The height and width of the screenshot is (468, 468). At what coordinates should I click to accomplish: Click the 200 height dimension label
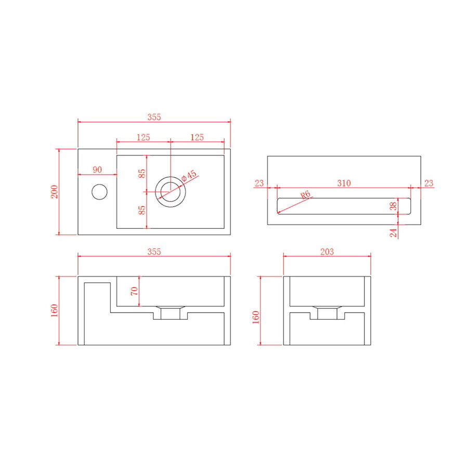pyautogui.click(x=55, y=192)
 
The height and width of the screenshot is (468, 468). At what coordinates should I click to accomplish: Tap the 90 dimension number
pyautogui.click(x=97, y=170)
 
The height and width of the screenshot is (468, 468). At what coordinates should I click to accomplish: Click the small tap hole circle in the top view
pyautogui.click(x=99, y=192)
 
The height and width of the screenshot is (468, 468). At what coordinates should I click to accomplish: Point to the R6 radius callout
pyautogui.click(x=306, y=195)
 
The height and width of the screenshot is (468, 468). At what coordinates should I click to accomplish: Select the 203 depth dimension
pyautogui.click(x=327, y=252)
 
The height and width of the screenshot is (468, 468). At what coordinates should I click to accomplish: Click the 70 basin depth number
pyautogui.click(x=135, y=291)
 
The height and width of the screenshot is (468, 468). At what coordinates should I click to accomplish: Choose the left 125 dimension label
pyautogui.click(x=144, y=137)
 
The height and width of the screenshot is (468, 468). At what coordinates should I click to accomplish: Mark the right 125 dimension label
pyautogui.click(x=197, y=137)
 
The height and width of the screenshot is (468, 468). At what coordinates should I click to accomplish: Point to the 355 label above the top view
pyautogui.click(x=154, y=118)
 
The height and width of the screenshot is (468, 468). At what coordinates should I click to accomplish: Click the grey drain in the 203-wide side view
pyautogui.click(x=327, y=313)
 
